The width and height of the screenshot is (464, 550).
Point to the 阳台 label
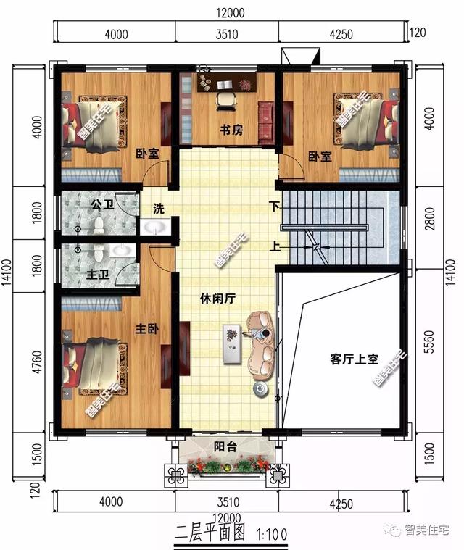225,446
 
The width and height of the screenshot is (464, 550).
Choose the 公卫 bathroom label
102,205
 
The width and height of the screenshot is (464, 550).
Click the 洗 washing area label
158,209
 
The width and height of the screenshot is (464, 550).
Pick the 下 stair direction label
274,205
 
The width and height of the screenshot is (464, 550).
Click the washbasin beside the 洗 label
156,228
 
